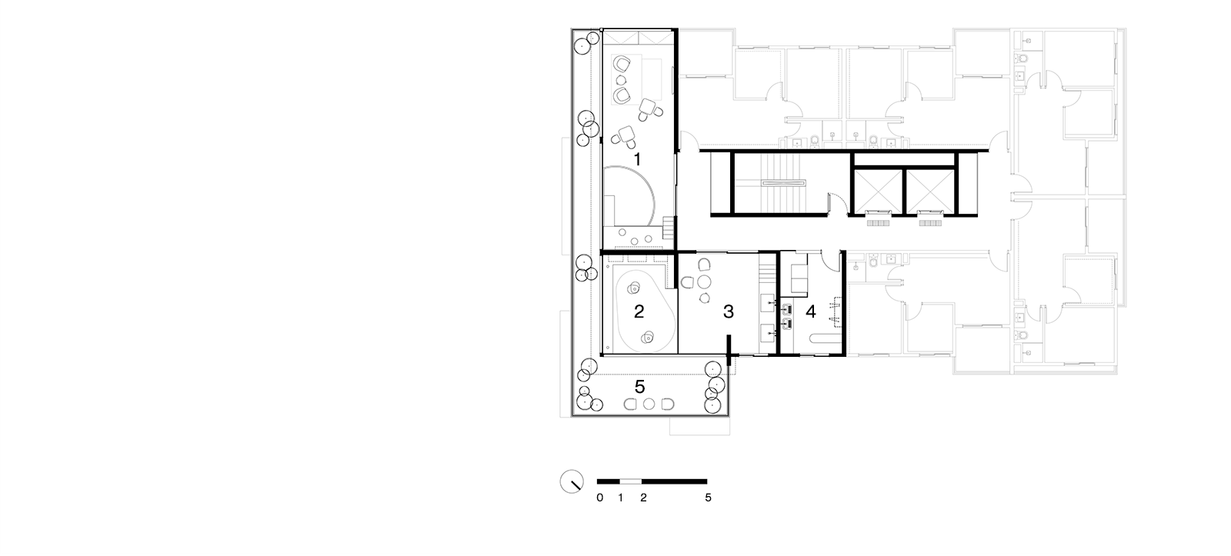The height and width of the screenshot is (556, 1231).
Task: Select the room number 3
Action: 728,311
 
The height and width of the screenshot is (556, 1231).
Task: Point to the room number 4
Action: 811,311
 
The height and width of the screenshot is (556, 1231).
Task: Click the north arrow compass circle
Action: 572,481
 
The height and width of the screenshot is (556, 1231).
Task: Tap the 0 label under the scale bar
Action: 599,498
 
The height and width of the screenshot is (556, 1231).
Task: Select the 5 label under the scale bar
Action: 708,498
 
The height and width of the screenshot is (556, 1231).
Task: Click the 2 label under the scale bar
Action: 643,498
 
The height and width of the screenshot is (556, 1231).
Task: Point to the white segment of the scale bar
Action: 631,481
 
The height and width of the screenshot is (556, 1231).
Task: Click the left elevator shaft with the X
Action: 877,191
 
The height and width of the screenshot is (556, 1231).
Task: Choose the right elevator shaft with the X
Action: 930,191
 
